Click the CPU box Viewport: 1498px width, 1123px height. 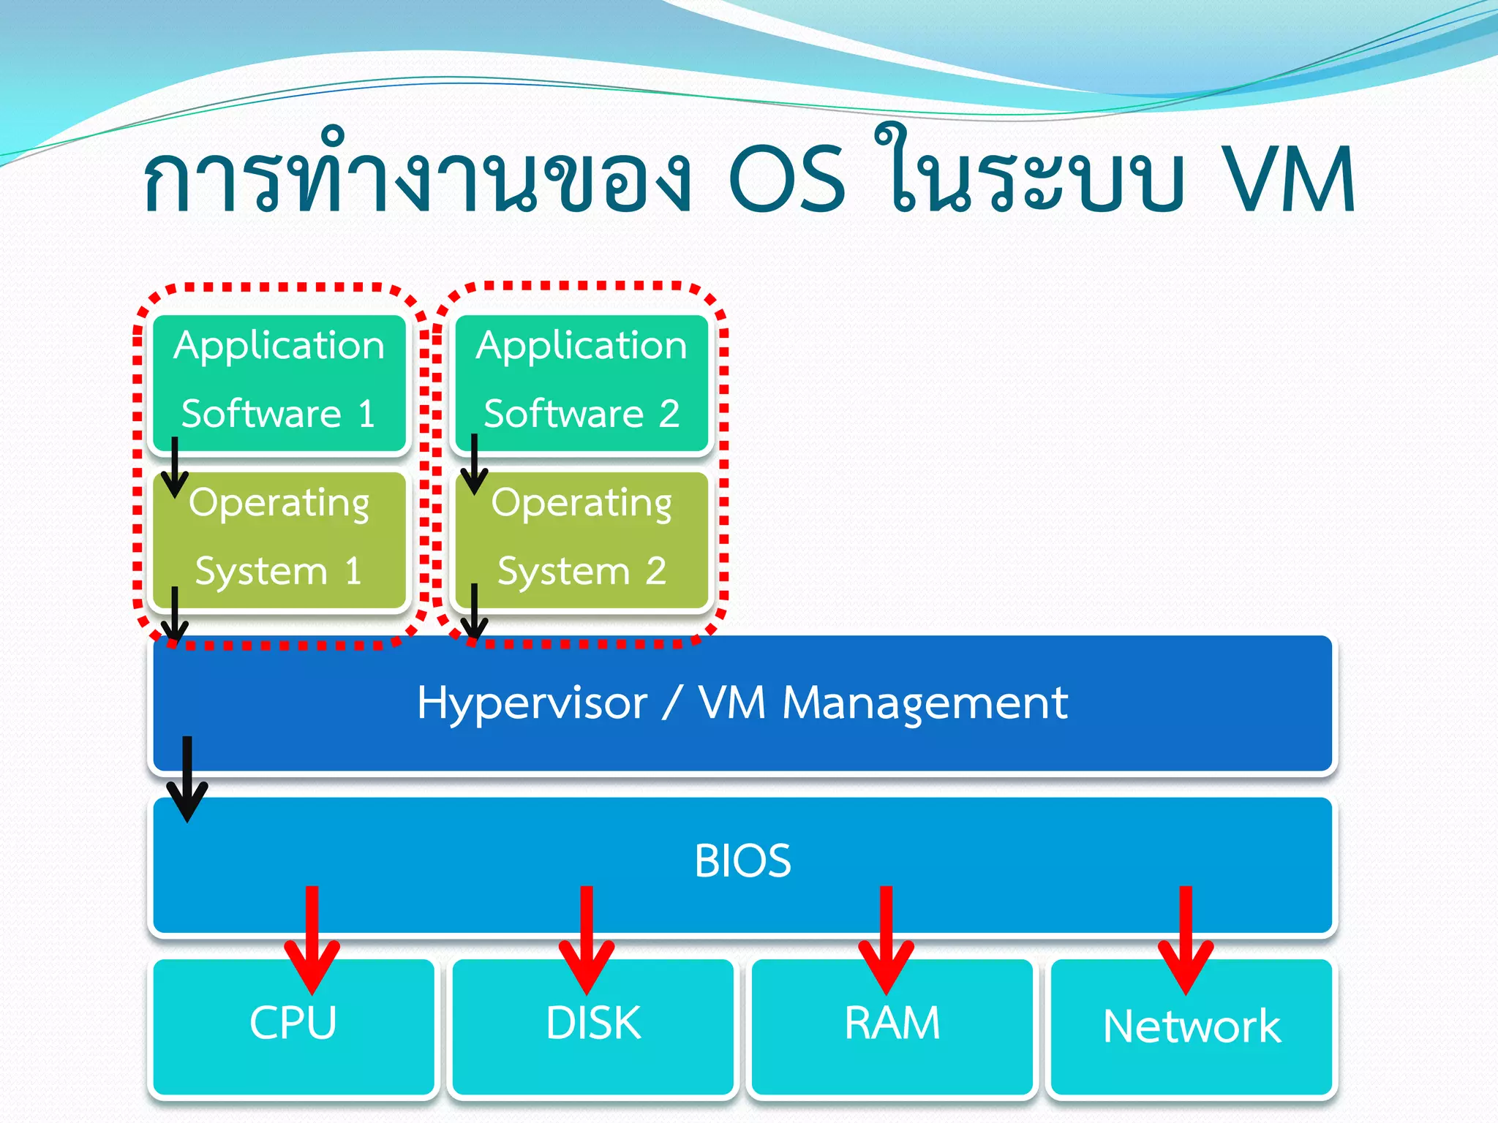point(293,1038)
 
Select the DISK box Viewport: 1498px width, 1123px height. point(592,1038)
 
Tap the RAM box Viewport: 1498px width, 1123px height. point(892,1038)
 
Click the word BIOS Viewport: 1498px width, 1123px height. point(742,861)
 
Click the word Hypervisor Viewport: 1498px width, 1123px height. point(532,703)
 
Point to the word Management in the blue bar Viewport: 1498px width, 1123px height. point(925,703)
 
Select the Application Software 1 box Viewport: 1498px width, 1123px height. point(279,381)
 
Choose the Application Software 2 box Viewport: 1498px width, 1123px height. point(581,381)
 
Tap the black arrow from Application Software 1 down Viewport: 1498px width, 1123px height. point(175,468)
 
